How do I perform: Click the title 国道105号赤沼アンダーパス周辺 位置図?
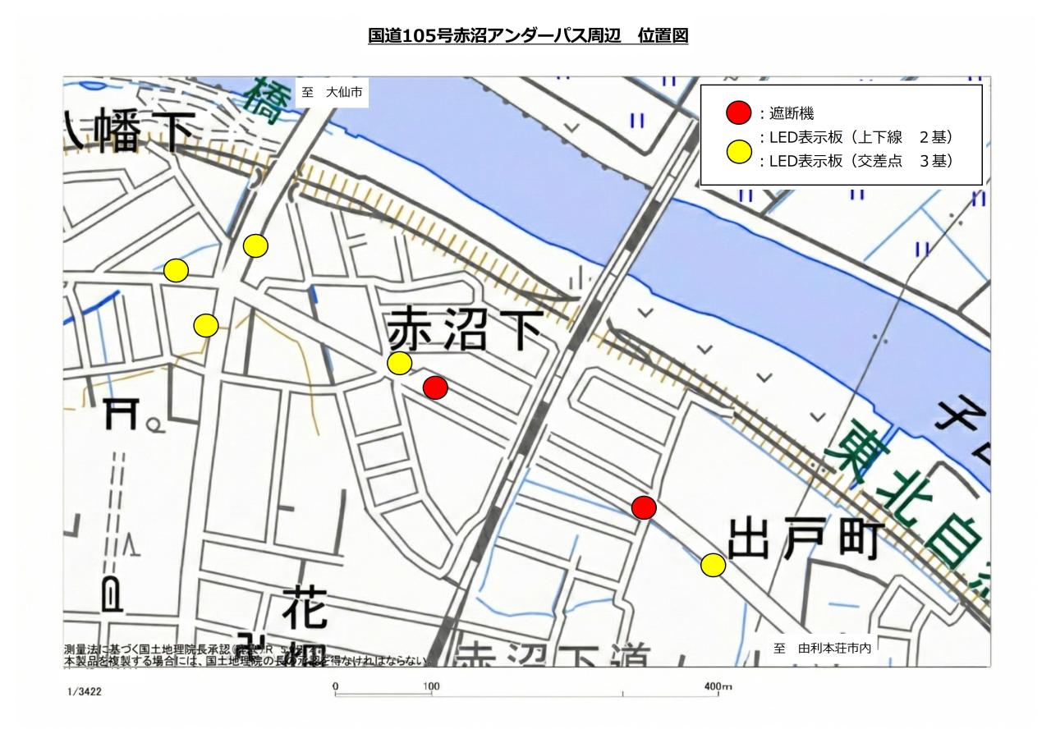pyautogui.click(x=528, y=36)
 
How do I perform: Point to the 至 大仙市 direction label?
pyautogui.click(x=332, y=93)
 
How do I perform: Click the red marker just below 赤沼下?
pyautogui.click(x=435, y=388)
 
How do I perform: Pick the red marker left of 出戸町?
pyautogui.click(x=645, y=507)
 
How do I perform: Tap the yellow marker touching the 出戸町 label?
pyautogui.click(x=713, y=565)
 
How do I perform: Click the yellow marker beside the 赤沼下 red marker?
pyautogui.click(x=399, y=363)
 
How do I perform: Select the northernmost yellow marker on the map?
pyautogui.click(x=255, y=245)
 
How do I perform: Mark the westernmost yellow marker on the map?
pyautogui.click(x=176, y=270)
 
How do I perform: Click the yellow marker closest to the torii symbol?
pyautogui.click(x=205, y=325)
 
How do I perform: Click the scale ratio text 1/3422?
pyautogui.click(x=85, y=692)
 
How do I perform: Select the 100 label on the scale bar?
pyautogui.click(x=430, y=686)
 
